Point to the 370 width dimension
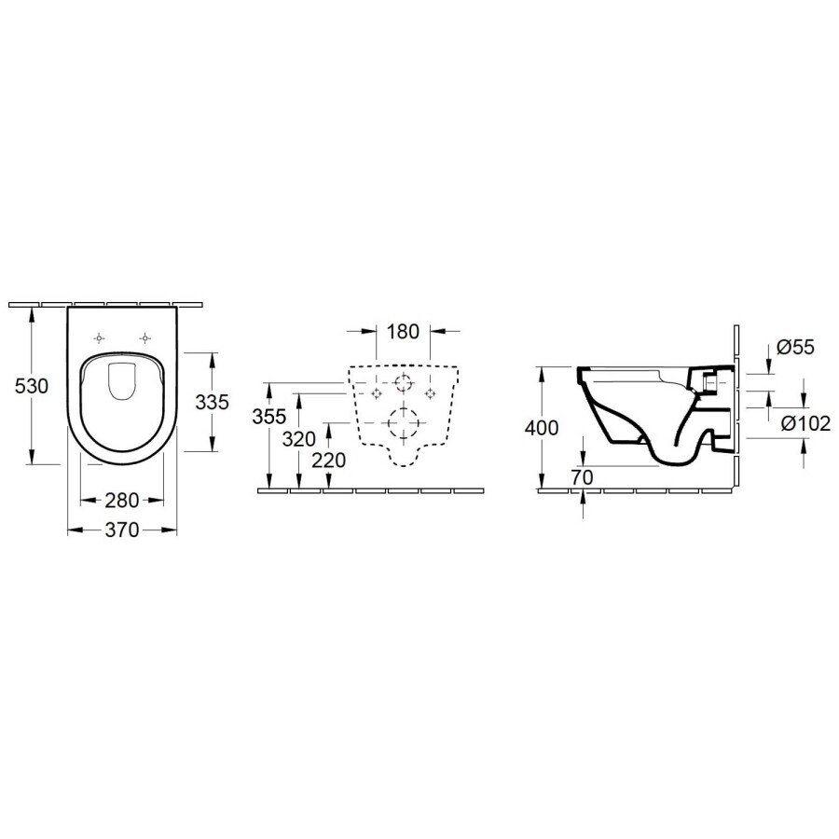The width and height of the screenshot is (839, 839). point(121,530)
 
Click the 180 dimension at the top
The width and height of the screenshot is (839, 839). point(404,331)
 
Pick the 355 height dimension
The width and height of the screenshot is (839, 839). point(268,417)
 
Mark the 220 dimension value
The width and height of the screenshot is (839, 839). point(330,460)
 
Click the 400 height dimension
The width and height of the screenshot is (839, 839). point(541,428)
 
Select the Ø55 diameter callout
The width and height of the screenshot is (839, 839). point(796,348)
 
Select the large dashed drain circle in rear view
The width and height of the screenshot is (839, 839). point(404,424)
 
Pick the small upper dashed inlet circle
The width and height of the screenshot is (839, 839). point(404,383)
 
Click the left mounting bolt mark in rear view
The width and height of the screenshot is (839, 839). point(378,393)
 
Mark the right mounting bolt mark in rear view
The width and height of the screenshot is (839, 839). point(430,393)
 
